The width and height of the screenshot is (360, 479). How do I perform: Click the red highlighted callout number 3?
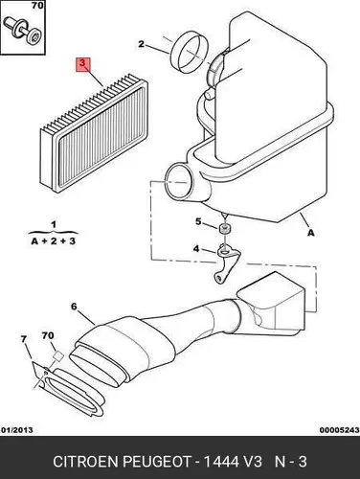pos(83,64)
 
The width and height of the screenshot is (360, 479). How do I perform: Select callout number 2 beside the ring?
pos(141,44)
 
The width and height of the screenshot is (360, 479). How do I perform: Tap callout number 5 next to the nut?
pos(198,221)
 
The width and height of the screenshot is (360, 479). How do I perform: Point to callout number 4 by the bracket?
pos(196,248)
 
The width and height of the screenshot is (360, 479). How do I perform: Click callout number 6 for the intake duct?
pos(74,307)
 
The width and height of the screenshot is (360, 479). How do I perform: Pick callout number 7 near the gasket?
pos(24,339)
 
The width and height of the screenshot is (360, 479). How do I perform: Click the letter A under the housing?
pos(310,233)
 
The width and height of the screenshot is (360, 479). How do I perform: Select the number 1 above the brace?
pos(54,224)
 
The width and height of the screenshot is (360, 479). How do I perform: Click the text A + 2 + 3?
pos(54,241)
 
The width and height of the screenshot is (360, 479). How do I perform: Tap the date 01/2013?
pos(17,430)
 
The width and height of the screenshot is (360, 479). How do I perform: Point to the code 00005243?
pos(340,430)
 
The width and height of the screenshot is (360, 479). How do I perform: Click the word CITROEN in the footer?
pos(85,462)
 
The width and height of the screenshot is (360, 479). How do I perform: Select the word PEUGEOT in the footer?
pos(157,462)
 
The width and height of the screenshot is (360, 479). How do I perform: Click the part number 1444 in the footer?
pos(221,462)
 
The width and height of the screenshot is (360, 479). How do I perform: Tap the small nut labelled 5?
pos(225,229)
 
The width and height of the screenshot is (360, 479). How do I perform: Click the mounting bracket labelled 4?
pos(227,262)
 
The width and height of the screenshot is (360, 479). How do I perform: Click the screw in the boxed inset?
pos(22,31)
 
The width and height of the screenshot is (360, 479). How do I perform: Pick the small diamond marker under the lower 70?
pos(58,355)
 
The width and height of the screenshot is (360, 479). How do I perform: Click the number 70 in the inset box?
pos(37,6)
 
